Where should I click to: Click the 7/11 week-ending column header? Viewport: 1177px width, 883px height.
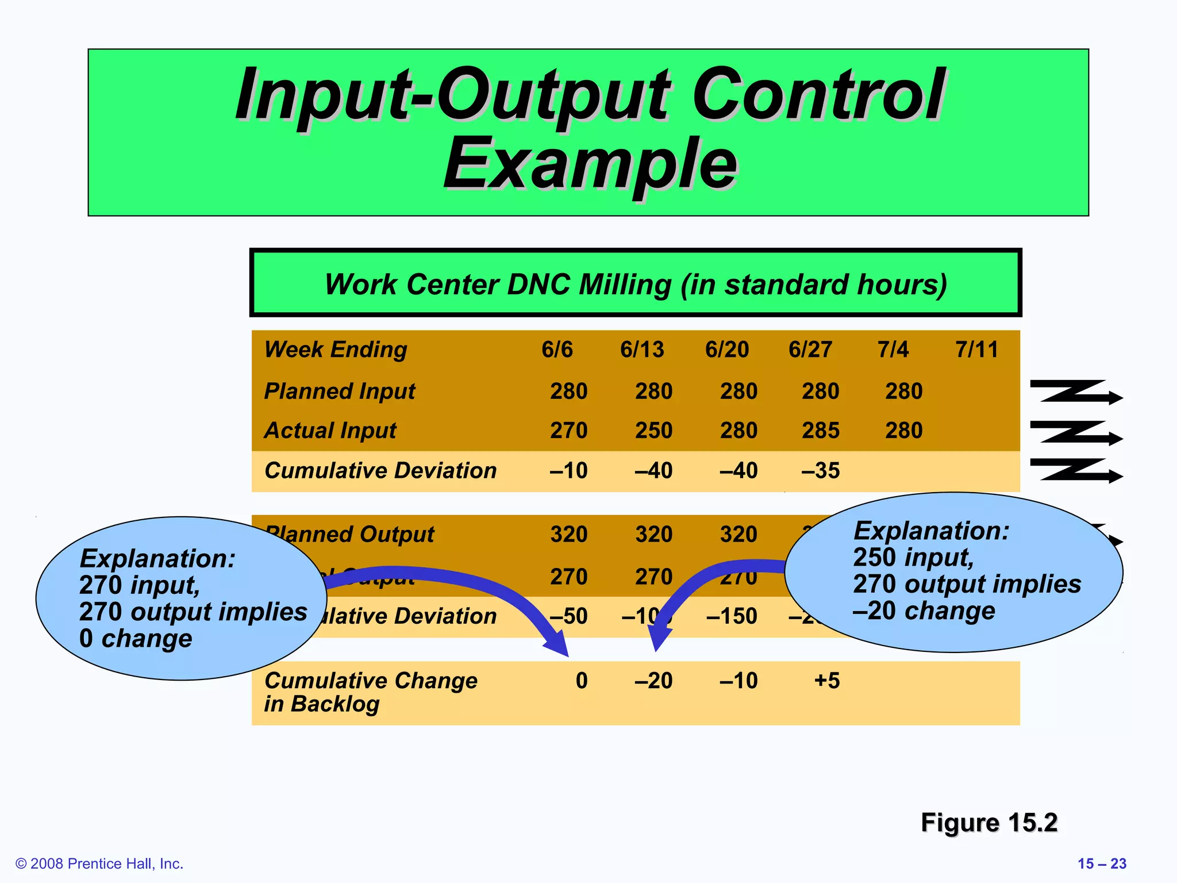976,350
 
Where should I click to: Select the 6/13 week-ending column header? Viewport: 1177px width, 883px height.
642,350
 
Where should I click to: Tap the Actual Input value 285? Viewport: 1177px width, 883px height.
821,431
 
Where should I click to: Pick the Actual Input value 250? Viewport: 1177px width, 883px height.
653,431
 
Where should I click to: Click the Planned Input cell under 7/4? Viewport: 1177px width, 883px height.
903,391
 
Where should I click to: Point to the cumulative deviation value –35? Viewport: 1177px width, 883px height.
821,471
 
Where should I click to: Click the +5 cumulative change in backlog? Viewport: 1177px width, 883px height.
827,681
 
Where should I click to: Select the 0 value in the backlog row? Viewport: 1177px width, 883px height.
582,681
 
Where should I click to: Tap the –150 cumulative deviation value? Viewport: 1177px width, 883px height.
732,616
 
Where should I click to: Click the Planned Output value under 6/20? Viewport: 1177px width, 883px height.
738,535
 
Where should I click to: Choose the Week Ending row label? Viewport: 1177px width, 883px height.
336,350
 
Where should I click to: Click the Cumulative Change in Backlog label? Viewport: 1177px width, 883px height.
371,692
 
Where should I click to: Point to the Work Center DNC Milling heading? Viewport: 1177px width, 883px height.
635,284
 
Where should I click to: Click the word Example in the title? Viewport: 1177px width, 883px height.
590,164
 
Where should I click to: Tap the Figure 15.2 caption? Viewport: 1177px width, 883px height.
989,823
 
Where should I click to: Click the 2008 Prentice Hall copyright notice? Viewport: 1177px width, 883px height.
99,863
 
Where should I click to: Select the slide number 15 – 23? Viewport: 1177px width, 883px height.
1102,863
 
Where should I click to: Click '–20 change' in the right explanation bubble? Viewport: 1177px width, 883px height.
924,611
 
